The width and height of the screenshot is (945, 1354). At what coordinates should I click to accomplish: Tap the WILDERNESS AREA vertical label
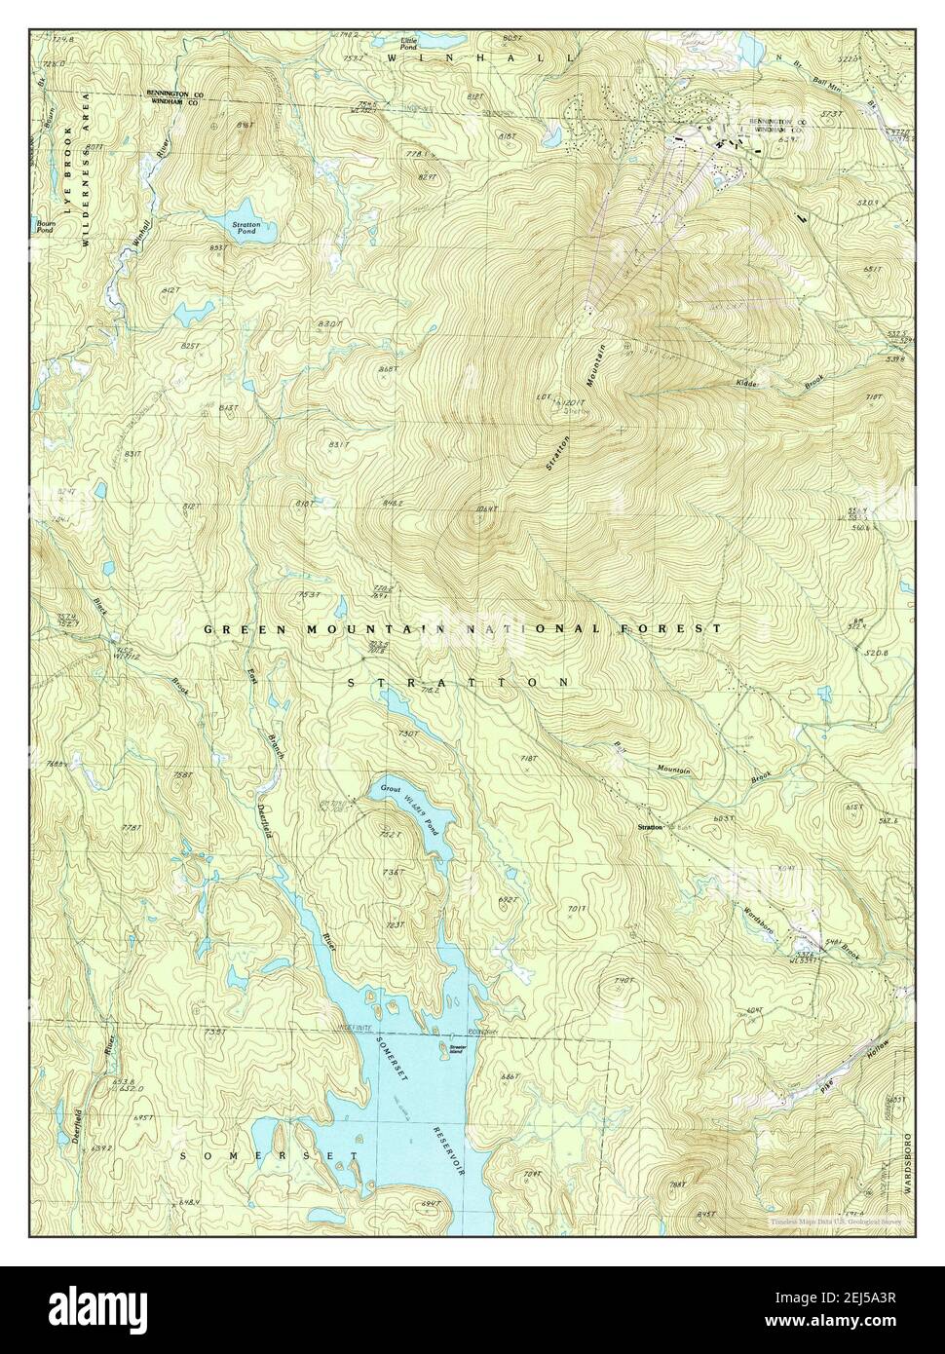pyautogui.click(x=86, y=169)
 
